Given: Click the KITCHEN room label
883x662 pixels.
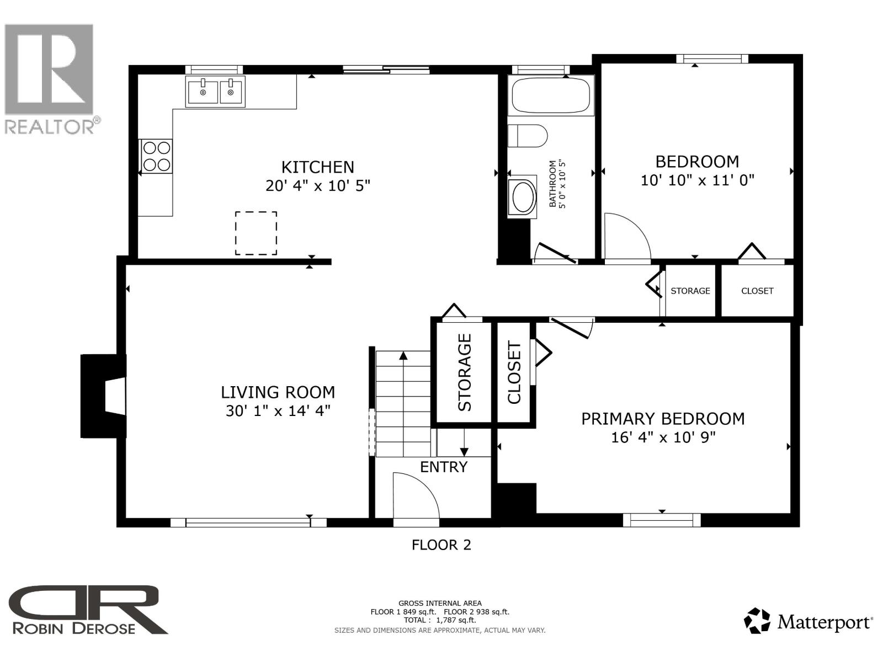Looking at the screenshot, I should pyautogui.click(x=317, y=167).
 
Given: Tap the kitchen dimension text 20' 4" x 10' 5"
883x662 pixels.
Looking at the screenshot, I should pyautogui.click(x=317, y=185).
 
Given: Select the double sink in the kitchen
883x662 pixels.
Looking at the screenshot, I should pyautogui.click(x=215, y=92).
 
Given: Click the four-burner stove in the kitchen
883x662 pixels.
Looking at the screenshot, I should pyautogui.click(x=157, y=156).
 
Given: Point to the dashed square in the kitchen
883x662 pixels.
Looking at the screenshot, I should pyautogui.click(x=256, y=233).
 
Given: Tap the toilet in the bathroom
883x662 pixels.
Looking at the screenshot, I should pyautogui.click(x=527, y=136).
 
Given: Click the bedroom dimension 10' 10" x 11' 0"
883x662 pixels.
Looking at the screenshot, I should pyautogui.click(x=697, y=180).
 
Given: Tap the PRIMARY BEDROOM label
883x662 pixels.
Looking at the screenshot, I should pyautogui.click(x=663, y=419).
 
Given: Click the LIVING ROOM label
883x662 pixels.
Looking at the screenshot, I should pyautogui.click(x=278, y=392).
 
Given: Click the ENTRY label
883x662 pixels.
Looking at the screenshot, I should pyautogui.click(x=443, y=467).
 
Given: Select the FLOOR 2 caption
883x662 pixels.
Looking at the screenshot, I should pyautogui.click(x=441, y=545).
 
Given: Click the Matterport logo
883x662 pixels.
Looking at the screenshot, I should pyautogui.click(x=808, y=622).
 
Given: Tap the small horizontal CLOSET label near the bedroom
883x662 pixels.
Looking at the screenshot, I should pyautogui.click(x=757, y=291).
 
